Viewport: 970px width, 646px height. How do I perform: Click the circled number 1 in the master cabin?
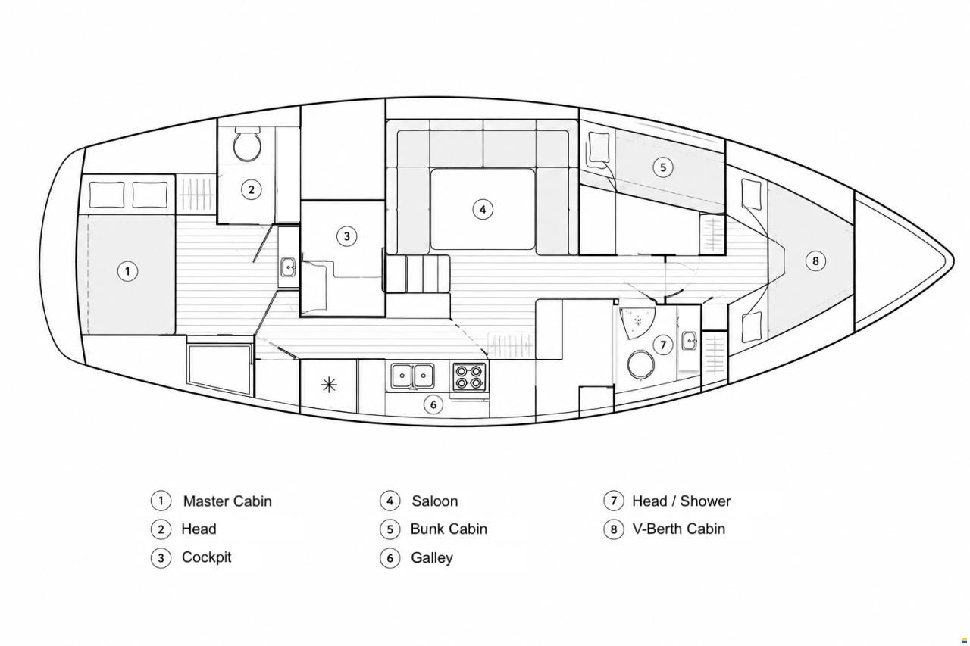pyautogui.click(x=127, y=271)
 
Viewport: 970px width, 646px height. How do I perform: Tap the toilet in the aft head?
pyautogui.click(x=247, y=144)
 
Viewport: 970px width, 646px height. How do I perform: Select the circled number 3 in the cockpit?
pyautogui.click(x=346, y=236)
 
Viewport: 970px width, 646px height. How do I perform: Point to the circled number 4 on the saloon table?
pyautogui.click(x=483, y=210)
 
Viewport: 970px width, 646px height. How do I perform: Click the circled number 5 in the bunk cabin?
pyautogui.click(x=662, y=167)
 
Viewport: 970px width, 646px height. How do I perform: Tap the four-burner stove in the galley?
pyautogui.click(x=469, y=376)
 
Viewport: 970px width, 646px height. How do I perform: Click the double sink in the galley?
pyautogui.click(x=412, y=376)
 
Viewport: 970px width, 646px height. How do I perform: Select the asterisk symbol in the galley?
pyautogui.click(x=329, y=385)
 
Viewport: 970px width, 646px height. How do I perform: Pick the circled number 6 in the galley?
pyautogui.click(x=433, y=404)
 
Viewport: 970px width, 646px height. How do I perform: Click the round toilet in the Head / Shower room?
pyautogui.click(x=640, y=364)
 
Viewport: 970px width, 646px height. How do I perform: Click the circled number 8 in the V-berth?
pyautogui.click(x=815, y=261)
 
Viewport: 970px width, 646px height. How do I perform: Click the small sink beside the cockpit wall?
pyautogui.click(x=288, y=267)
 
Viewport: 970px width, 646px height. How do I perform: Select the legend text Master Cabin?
pyautogui.click(x=227, y=501)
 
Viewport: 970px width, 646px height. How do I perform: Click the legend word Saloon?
pyautogui.click(x=435, y=501)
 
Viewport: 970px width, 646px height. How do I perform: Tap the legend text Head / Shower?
pyautogui.click(x=681, y=501)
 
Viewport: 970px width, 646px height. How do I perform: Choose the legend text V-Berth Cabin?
pyautogui.click(x=678, y=529)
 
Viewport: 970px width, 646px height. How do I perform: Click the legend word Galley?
pyautogui.click(x=432, y=557)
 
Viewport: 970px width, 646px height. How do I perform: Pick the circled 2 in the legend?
pyautogui.click(x=161, y=529)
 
